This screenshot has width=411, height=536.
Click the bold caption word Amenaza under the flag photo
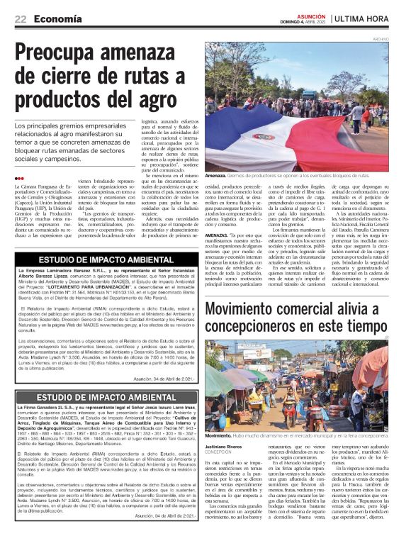click(x=218, y=175)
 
